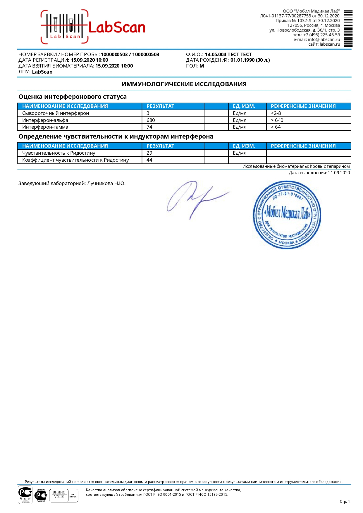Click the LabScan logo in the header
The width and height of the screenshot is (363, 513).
[x=93, y=27]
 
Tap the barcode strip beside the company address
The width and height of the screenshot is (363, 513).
[x=348, y=28]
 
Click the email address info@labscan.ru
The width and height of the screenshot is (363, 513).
[x=324, y=39]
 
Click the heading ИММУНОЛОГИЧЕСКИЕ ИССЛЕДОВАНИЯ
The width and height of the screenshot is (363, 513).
[x=184, y=84]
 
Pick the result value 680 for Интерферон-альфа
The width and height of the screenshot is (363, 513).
[x=151, y=120]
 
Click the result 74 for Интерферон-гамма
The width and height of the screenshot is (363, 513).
[x=149, y=127]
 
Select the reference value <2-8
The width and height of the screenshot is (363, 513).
[x=276, y=113]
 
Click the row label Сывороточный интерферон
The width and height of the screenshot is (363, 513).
[x=56, y=113]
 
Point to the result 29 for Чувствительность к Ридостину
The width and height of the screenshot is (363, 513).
[x=149, y=153]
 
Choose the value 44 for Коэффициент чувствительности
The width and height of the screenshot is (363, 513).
[x=149, y=160]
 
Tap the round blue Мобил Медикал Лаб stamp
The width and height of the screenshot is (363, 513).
[x=287, y=215]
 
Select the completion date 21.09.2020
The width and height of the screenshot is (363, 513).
[x=339, y=173]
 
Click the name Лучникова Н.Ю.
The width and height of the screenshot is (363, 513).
[x=106, y=184]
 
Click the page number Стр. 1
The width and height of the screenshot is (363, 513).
[x=345, y=501]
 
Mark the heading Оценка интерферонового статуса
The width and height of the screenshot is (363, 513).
[x=73, y=97]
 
